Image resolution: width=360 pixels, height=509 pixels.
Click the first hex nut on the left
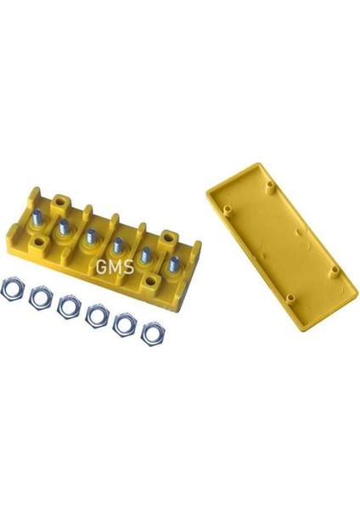(12, 288)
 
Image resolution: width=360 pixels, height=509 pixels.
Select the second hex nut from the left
(40, 298)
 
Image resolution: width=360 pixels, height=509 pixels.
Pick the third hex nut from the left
(69, 307)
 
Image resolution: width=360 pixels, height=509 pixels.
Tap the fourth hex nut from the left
(97, 316)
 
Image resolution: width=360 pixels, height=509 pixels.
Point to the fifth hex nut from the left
(125, 325)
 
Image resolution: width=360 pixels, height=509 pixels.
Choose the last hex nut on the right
(153, 333)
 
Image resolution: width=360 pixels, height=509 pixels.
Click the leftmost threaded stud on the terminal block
(37, 216)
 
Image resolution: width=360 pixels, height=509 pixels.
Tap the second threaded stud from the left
(63, 227)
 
